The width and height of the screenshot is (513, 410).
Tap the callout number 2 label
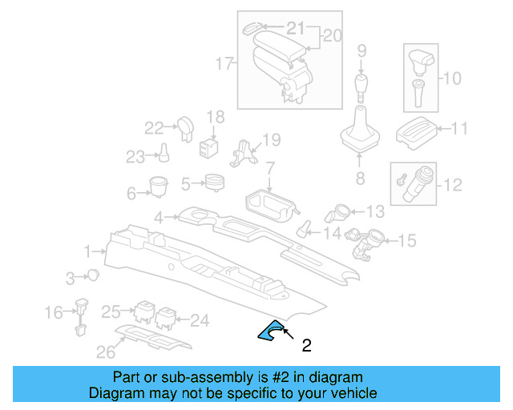[x=305, y=347]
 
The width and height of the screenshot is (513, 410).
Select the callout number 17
[x=224, y=62]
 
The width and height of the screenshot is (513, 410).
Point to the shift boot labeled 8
[x=358, y=133]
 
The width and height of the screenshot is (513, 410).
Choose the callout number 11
[x=459, y=129]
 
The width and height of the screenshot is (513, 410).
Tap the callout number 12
[x=453, y=185]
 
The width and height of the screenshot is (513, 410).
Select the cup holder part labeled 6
[x=157, y=186]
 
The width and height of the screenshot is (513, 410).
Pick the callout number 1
[x=87, y=252]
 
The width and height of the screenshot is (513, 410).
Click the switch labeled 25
[x=146, y=313]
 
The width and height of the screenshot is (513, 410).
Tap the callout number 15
[x=407, y=239]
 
